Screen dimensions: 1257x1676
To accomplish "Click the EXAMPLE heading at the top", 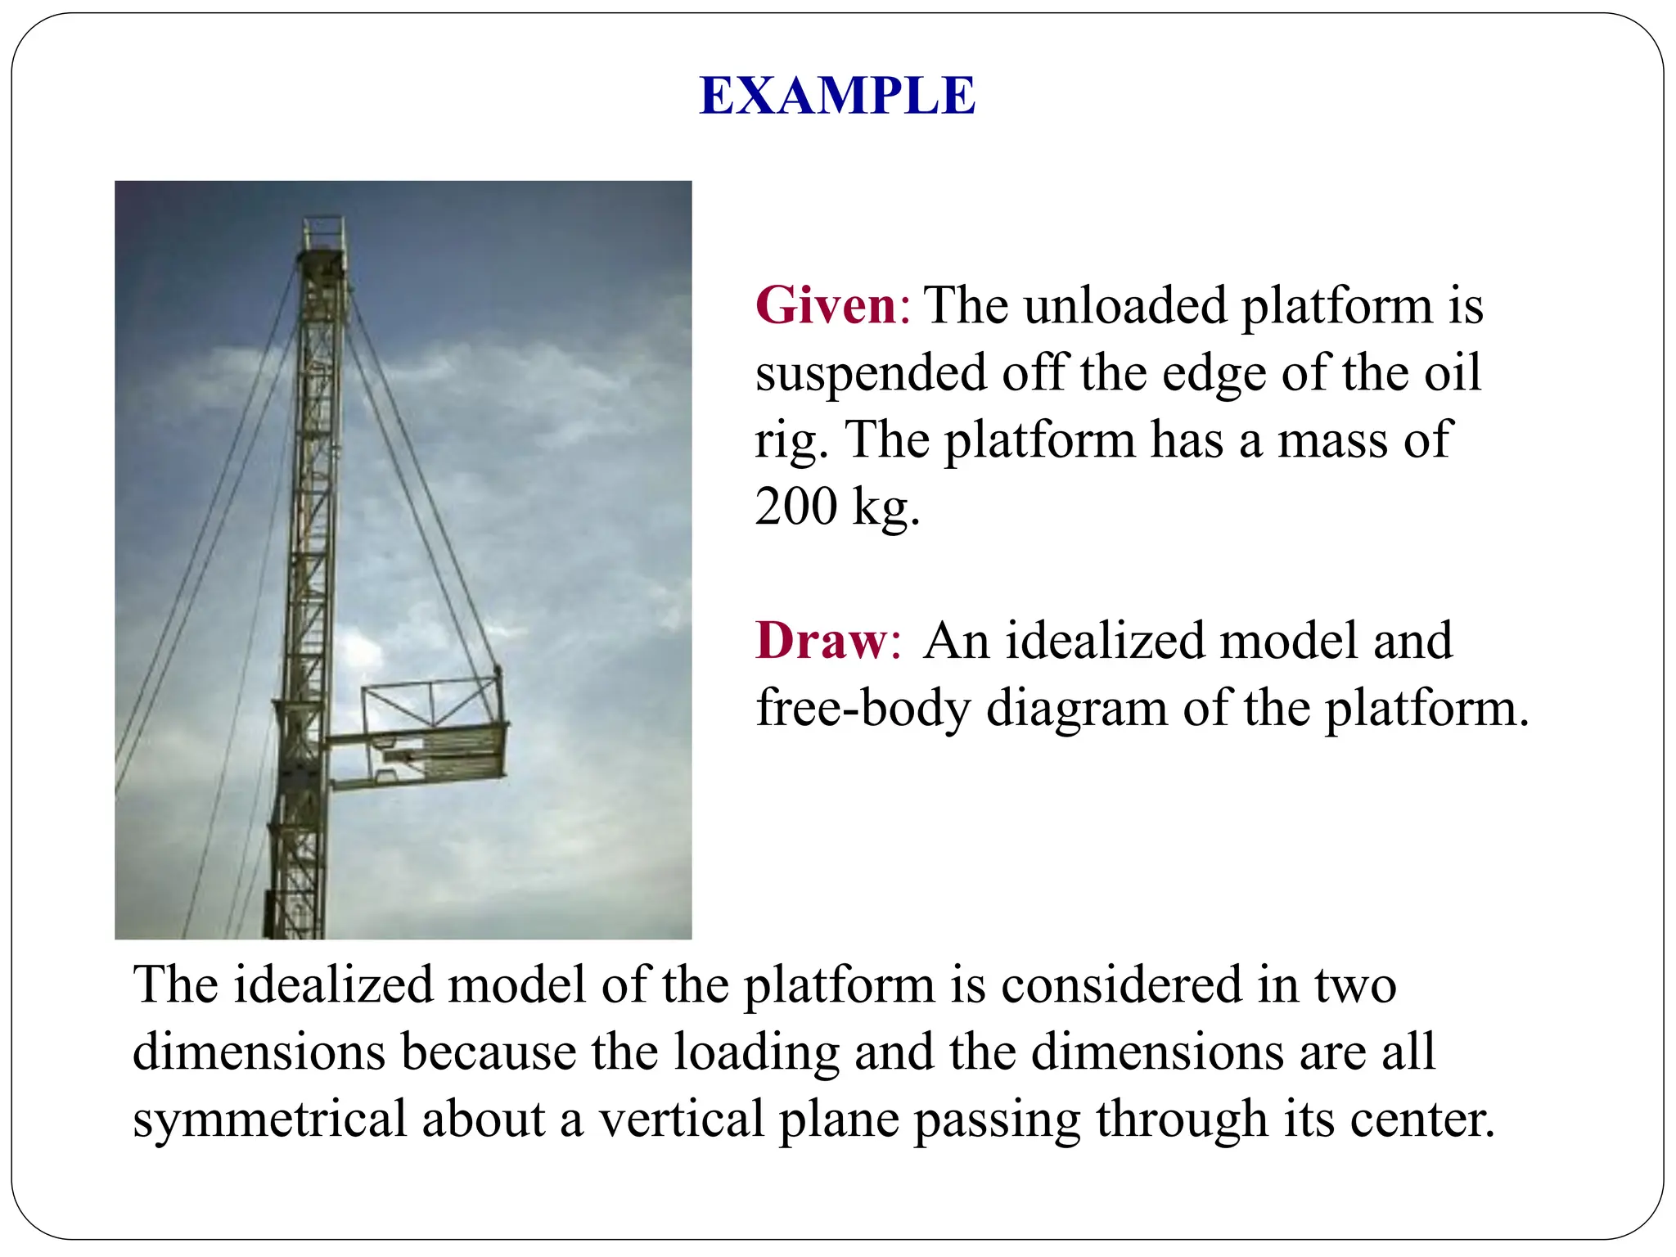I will (x=837, y=96).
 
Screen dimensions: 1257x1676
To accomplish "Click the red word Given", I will (x=827, y=306).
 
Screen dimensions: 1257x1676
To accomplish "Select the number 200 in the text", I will (x=795, y=507).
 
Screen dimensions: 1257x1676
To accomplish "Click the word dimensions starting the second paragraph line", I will (x=259, y=1052).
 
